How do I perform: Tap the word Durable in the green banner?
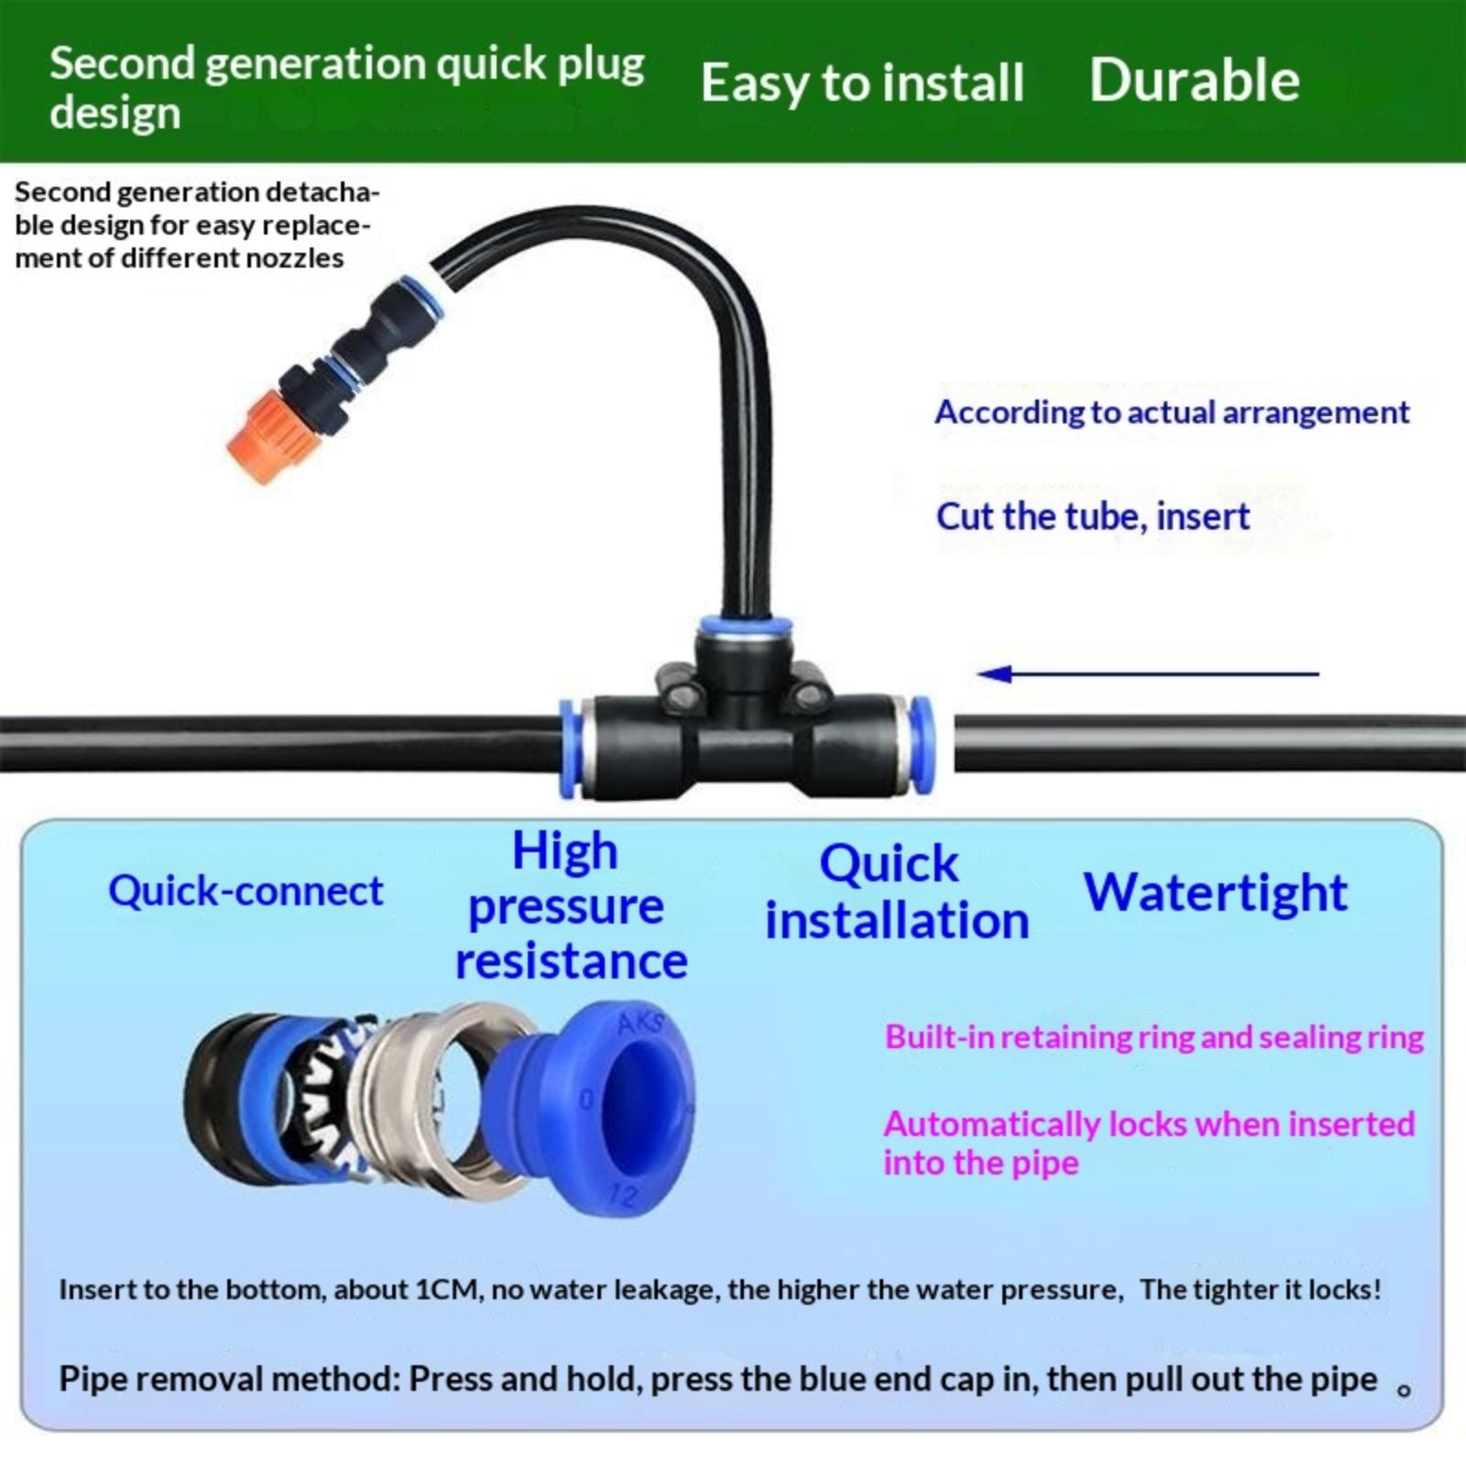pyautogui.click(x=1194, y=80)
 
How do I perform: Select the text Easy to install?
pyautogui.click(x=862, y=82)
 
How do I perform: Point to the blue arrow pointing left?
pyautogui.click(x=1148, y=674)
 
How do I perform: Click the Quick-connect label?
pyautogui.click(x=246, y=891)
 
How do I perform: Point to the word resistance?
pyautogui.click(x=571, y=961)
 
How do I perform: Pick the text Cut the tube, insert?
pyautogui.click(x=1092, y=517)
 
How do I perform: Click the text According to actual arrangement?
pyautogui.click(x=1172, y=412)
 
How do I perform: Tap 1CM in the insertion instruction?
pyautogui.click(x=448, y=1290)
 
